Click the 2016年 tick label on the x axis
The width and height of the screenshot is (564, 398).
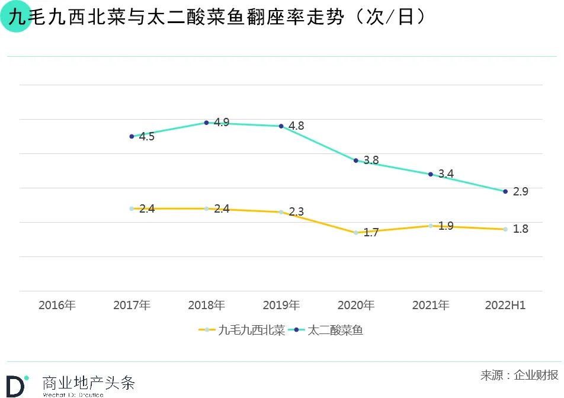click(x=57, y=306)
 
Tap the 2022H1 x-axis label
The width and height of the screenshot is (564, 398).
click(x=505, y=306)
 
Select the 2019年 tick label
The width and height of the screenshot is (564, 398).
click(x=281, y=306)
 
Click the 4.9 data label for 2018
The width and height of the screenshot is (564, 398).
click(x=222, y=123)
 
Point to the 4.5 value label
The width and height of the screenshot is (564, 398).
click(x=146, y=137)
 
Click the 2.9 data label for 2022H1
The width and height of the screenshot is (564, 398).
click(x=520, y=192)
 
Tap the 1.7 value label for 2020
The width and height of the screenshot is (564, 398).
click(x=371, y=233)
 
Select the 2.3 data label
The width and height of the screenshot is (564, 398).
click(x=296, y=212)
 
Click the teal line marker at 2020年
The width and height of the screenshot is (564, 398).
click(x=356, y=161)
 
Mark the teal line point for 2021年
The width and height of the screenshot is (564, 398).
click(x=431, y=174)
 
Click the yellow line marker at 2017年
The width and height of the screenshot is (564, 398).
click(x=132, y=208)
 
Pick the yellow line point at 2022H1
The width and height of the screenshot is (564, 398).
click(x=505, y=229)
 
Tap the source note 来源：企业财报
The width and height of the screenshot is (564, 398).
click(x=519, y=375)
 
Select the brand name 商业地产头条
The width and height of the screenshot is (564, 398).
click(x=89, y=383)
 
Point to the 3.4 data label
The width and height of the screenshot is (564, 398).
click(x=446, y=174)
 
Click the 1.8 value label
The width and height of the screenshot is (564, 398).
click(x=520, y=229)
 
